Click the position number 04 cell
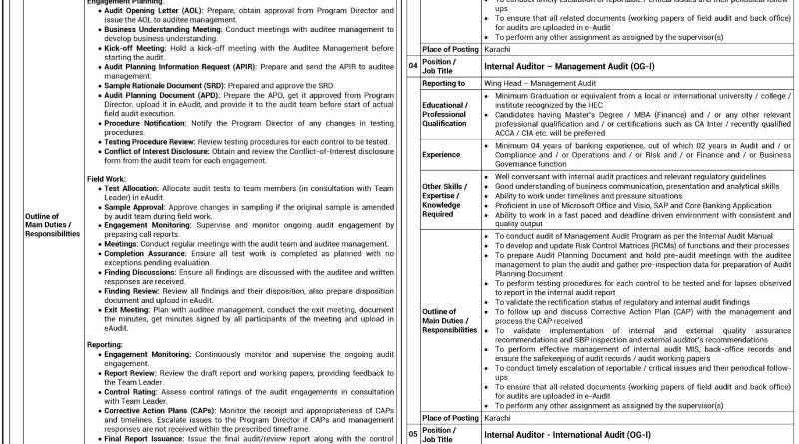click(412, 67)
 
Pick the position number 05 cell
click(412, 434)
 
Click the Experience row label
click(441, 155)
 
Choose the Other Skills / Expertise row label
click(444, 200)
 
